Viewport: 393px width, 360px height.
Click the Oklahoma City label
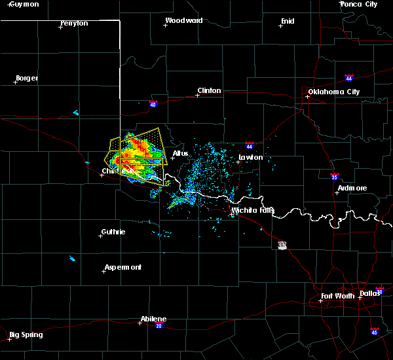(334, 92)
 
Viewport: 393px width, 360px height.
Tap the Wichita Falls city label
(253, 210)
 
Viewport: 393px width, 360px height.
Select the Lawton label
(250, 157)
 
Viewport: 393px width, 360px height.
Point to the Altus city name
(180, 153)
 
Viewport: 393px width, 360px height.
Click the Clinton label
(209, 90)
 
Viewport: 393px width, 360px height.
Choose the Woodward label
(184, 20)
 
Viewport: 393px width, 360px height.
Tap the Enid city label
(288, 21)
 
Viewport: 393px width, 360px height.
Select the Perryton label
(74, 23)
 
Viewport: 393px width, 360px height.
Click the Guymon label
(24, 4)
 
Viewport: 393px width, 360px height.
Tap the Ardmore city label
(352, 188)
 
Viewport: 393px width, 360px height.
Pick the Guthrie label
(113, 232)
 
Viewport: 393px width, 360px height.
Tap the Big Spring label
(28, 334)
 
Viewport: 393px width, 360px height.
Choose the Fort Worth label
(338, 296)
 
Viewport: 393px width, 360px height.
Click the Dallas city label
(370, 293)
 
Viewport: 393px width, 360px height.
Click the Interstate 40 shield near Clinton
(153, 103)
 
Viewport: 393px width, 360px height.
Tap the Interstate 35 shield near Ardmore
(333, 176)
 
